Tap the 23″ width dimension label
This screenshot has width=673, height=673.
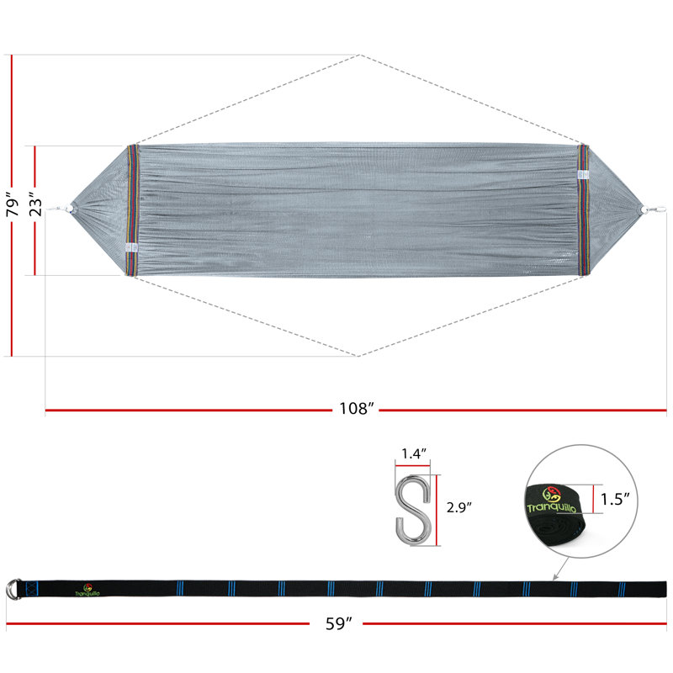point(36,206)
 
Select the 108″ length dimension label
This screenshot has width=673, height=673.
point(356,409)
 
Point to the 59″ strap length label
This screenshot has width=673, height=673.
point(338,623)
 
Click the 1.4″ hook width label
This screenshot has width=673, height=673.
point(414,453)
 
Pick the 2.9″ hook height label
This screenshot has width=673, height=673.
point(458,507)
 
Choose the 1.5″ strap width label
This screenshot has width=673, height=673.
point(615,499)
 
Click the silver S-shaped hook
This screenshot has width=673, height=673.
point(413,510)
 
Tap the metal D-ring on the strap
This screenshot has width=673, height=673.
point(13,589)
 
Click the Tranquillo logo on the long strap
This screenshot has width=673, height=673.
point(87,591)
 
